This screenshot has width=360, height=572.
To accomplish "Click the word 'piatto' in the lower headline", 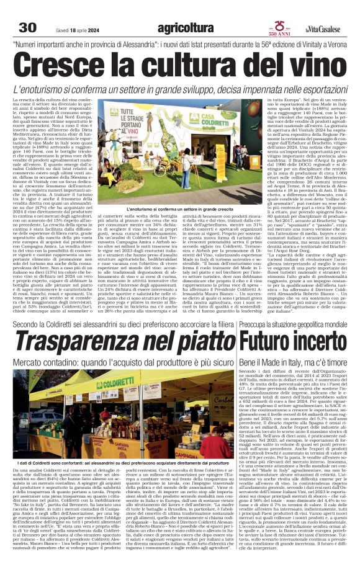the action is pos(194,341).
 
